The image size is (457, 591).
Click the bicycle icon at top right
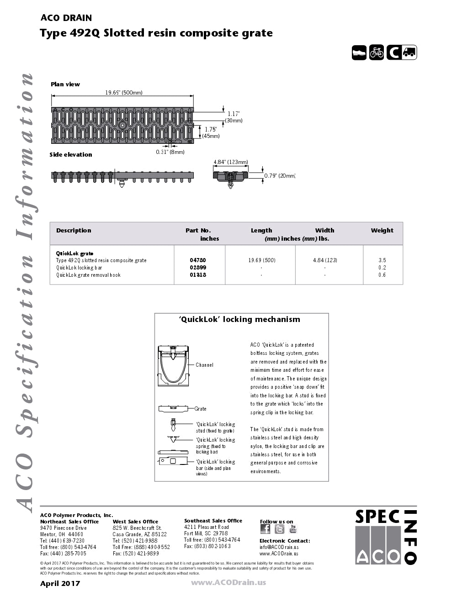pos(377,53)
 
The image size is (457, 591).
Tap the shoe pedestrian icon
pos(359,53)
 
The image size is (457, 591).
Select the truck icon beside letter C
pos(409,53)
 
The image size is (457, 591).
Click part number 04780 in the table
pos(198,260)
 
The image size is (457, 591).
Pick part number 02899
pos(198,268)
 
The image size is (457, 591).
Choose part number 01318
pos(198,275)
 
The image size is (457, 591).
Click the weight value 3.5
pos(382,260)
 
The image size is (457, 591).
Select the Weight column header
pos(382,231)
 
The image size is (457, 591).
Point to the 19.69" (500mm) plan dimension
pos(124,93)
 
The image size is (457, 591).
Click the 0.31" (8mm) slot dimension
pos(170,152)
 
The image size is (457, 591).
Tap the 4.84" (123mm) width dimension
pos(231,162)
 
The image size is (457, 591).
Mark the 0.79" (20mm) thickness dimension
pos(280,176)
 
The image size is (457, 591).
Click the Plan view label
pos(65,84)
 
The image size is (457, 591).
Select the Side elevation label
pos(71,155)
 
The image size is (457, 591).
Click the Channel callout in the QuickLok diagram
pos(204,365)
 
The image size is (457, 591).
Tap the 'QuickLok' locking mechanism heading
pos(239,320)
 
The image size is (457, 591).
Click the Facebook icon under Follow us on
pos(265,529)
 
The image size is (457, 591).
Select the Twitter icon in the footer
pos(280,529)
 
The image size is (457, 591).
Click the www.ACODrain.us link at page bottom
pos(228,582)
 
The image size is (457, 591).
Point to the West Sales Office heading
pos(135,522)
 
